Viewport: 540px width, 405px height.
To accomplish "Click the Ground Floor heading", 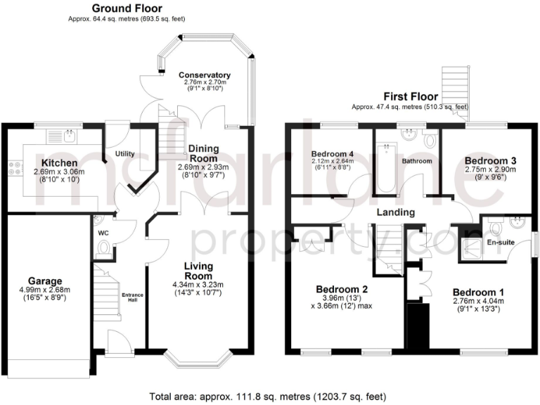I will coord(127,8).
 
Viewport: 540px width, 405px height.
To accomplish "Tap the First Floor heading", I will coord(411,96).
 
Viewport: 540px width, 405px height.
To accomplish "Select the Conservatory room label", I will coord(204,75).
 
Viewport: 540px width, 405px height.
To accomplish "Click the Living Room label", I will coord(204,271).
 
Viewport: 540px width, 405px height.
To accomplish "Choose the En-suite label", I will coord(501,243).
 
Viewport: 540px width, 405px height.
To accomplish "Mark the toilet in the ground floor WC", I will coord(105,247).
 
